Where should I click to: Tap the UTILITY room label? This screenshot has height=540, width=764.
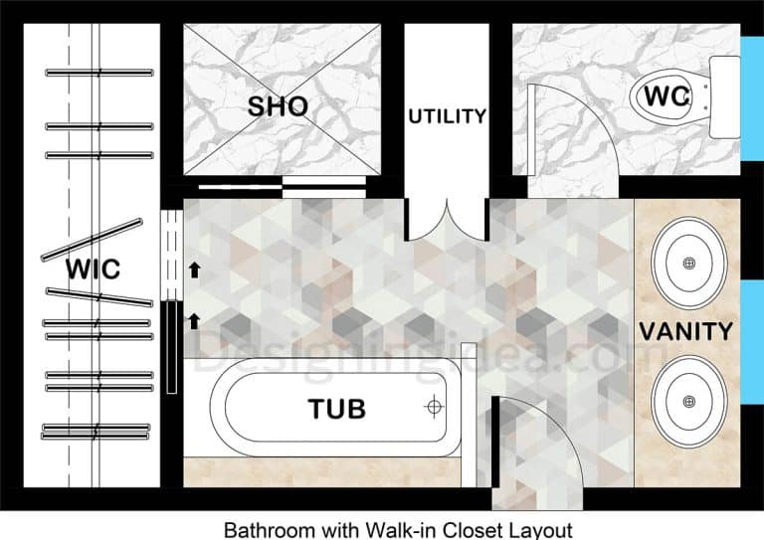pos(448,116)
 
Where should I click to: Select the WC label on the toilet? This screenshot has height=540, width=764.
pos(668,97)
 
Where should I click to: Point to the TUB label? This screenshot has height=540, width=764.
pos(336,408)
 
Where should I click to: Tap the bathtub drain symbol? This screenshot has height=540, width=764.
pos(433,407)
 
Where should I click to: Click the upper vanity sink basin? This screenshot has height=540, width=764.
pos(688,263)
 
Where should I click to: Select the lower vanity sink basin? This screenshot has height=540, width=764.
pos(688,402)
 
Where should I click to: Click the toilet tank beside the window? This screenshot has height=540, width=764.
pos(725,97)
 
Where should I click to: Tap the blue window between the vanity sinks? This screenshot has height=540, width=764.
pos(752,319)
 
